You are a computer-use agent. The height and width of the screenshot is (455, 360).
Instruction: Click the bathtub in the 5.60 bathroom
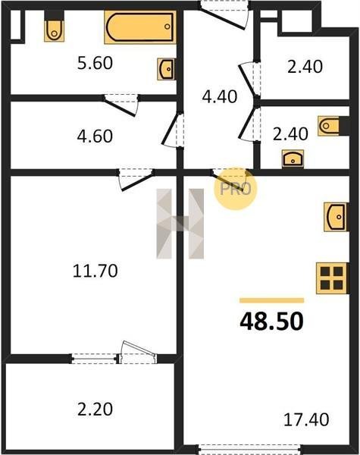point(140,27)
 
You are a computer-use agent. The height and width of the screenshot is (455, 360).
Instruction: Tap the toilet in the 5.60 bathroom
point(55,30)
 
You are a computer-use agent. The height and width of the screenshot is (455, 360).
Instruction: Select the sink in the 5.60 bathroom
point(166,69)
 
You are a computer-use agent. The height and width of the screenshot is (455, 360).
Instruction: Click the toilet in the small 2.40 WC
point(328,126)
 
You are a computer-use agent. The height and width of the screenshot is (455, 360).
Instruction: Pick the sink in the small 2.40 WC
point(293,158)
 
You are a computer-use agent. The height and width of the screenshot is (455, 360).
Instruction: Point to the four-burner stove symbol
point(331,278)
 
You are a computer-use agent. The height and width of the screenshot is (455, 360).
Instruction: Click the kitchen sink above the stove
point(336,217)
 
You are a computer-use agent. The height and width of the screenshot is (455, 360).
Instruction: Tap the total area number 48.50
point(271,322)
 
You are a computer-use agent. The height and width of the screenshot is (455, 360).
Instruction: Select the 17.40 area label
point(306,419)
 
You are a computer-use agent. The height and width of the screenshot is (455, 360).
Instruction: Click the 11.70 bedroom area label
point(95,271)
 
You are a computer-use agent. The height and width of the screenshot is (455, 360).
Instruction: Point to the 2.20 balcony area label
point(95,409)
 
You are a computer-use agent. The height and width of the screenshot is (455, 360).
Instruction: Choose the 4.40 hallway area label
point(220,96)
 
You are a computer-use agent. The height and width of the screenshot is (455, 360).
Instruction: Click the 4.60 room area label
point(95,136)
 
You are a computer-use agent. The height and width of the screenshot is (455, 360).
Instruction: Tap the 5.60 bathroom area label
point(95,63)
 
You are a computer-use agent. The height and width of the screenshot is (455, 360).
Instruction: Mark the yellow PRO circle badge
point(235,189)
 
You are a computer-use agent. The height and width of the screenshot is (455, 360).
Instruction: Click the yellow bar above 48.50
point(272,300)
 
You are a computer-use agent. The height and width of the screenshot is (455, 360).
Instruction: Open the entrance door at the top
point(224,15)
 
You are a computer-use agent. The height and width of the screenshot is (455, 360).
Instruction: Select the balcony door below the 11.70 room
point(136,353)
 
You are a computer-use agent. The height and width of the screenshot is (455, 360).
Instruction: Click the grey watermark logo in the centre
point(180,224)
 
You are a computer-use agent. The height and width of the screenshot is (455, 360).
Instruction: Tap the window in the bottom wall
point(250,449)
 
